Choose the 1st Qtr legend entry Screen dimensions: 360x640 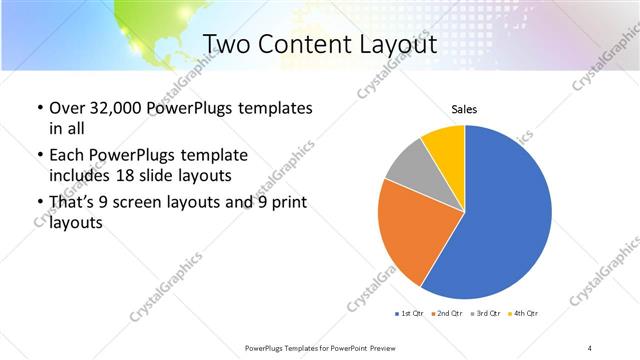click(410, 314)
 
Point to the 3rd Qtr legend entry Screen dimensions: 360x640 click(488, 314)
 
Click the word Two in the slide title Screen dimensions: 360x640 click(227, 44)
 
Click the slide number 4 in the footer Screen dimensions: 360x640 click(590, 346)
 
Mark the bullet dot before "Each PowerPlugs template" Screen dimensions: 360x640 click(38, 157)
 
